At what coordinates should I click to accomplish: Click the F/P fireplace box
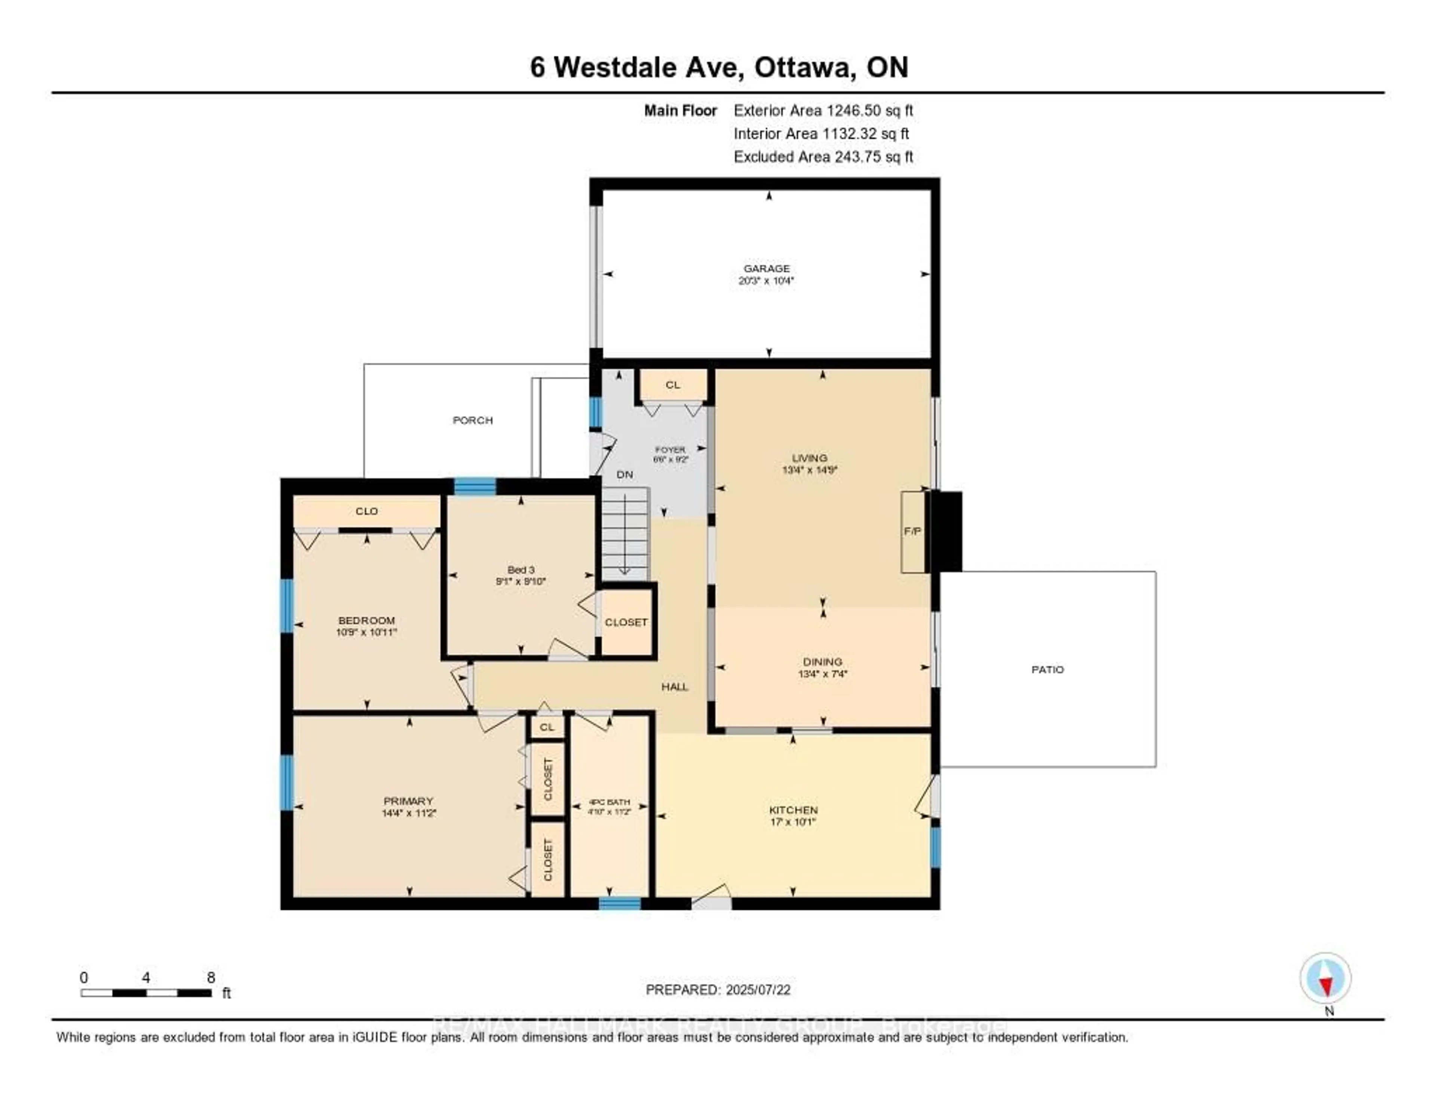(912, 531)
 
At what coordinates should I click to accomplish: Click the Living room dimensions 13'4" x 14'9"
(809, 470)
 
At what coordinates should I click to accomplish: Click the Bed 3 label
(521, 569)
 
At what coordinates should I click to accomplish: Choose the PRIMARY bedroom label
(408, 801)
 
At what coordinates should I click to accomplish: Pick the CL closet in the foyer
(672, 385)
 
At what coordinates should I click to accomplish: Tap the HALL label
(675, 686)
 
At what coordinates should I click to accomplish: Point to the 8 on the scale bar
(211, 977)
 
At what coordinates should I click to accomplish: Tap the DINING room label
(822, 661)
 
